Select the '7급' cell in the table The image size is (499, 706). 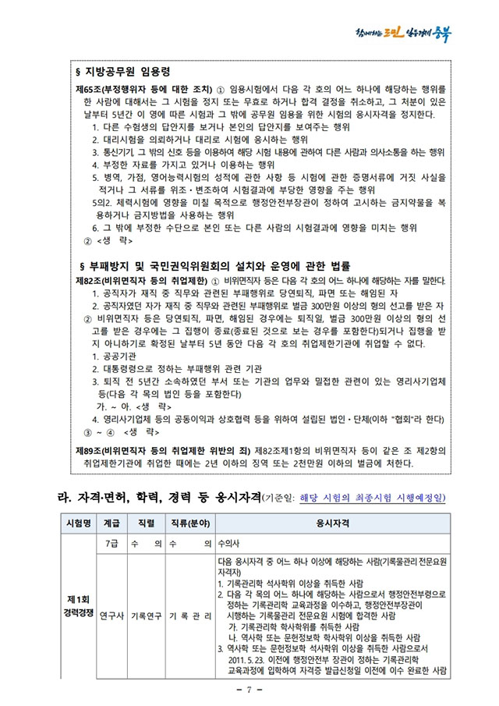(112, 542)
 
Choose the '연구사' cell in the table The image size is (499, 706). (112, 616)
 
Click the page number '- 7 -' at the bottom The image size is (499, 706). (249, 690)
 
